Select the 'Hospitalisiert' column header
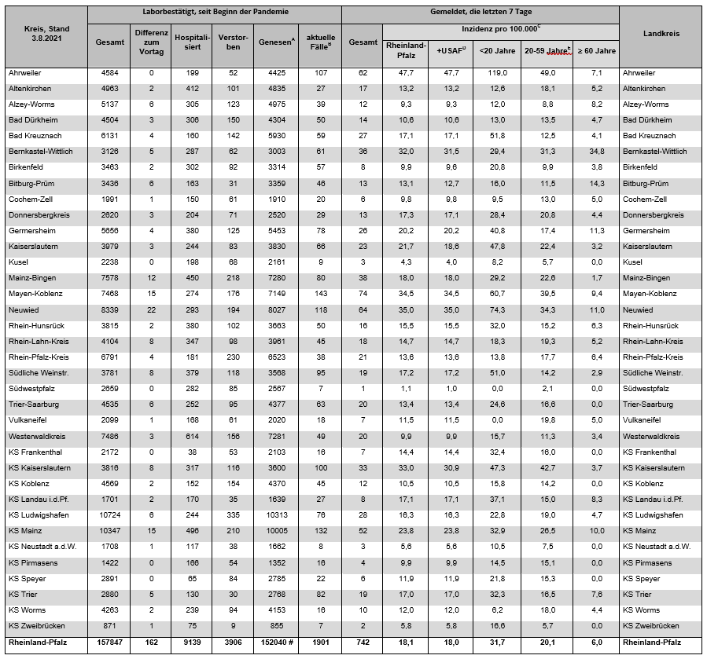(192, 41)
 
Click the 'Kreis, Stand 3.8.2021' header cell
(46, 35)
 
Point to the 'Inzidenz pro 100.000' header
(501, 27)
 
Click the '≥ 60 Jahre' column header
(597, 50)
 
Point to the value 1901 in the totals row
(320, 642)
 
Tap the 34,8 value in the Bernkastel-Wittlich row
(596, 152)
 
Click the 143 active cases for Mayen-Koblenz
(320, 294)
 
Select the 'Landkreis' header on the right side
(661, 35)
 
